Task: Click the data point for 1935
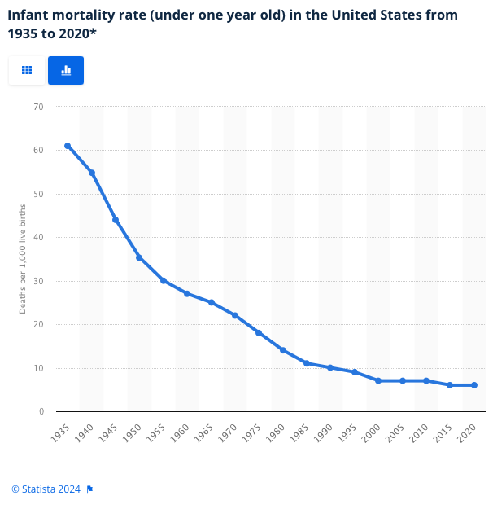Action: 68,146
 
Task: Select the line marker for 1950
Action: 139,257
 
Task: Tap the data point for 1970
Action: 235,315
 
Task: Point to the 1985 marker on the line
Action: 307,363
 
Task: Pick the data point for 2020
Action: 474,385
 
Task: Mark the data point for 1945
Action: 116,220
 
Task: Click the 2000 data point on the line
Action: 378,380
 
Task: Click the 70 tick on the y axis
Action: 38,107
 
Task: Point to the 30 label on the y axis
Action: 38,281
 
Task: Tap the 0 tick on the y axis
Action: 41,411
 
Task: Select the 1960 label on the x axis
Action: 180,433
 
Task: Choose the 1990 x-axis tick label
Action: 323,433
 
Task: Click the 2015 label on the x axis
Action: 443,433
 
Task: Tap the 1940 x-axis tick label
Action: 84,433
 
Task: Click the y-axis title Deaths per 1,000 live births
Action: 22,259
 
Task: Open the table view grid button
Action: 27,70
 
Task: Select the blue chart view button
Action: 66,70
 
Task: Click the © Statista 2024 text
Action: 46,489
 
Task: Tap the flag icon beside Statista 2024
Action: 89,489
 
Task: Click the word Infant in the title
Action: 28,15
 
